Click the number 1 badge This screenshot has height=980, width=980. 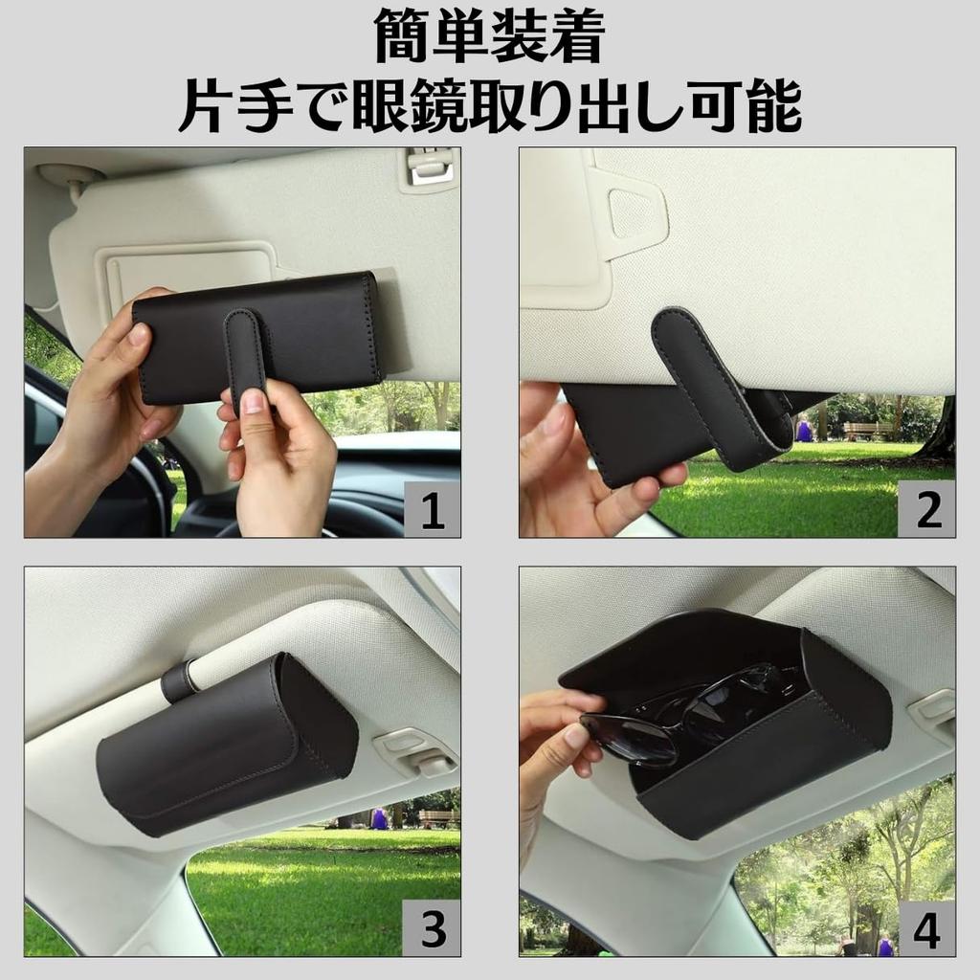[432, 508]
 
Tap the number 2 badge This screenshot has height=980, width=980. [926, 508]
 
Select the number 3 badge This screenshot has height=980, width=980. [432, 927]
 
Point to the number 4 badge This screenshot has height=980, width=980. [926, 927]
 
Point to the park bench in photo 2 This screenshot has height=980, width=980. [867, 430]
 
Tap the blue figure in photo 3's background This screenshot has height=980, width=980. [379, 819]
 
